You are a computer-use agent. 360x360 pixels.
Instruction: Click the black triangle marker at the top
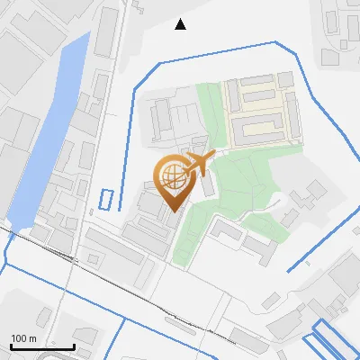click(181, 24)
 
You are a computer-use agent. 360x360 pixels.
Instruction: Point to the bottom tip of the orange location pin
click(172, 211)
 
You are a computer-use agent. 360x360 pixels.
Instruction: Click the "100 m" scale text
click(24, 338)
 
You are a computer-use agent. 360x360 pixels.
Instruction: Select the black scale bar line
click(42, 346)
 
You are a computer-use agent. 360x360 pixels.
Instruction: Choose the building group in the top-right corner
click(346, 36)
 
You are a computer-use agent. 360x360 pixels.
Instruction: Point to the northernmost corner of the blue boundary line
click(274, 41)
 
